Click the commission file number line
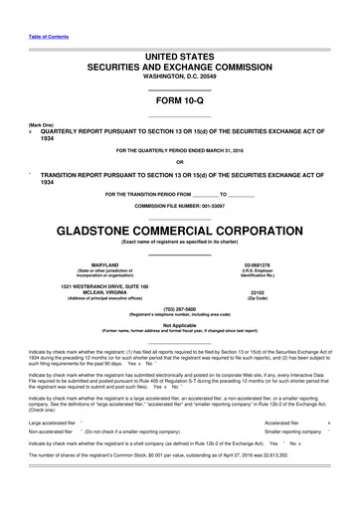click(x=179, y=205)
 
